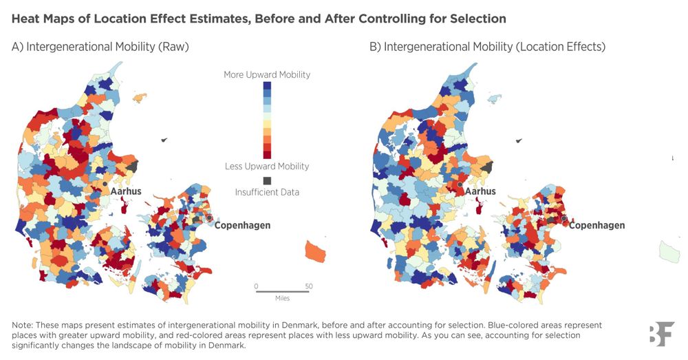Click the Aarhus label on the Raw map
click(126, 191)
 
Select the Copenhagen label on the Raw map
click(242, 225)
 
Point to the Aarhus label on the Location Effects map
click(480, 191)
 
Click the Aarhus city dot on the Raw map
click(105, 184)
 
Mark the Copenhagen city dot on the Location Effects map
click(563, 218)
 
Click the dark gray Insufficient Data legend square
click(267, 180)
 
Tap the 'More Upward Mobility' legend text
click(267, 74)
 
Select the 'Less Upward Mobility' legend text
click(267, 166)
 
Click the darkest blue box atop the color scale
click(267, 86)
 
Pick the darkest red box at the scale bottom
click(267, 153)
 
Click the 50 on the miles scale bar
click(309, 286)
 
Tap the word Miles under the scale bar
click(282, 298)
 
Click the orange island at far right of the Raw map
click(316, 250)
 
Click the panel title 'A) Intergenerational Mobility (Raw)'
click(100, 47)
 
